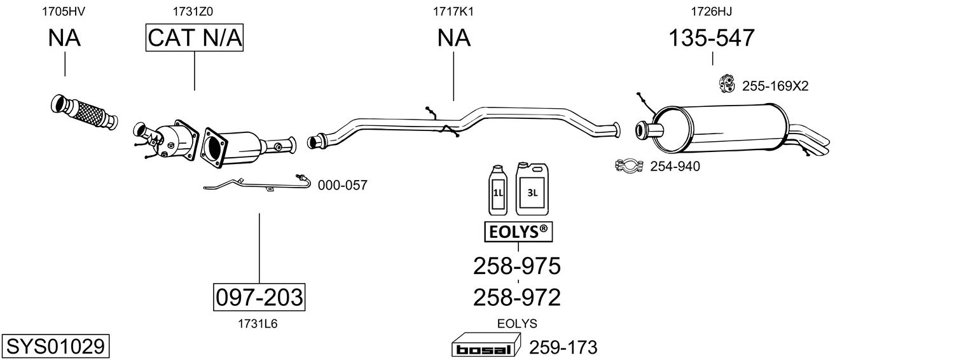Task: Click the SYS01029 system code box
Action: pyautogui.click(x=55, y=347)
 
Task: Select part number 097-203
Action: pyautogui.click(x=258, y=297)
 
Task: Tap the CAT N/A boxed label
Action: pyautogui.click(x=195, y=38)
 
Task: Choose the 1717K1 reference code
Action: pyautogui.click(x=453, y=11)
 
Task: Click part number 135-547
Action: pyautogui.click(x=711, y=38)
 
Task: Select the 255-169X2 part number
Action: pyautogui.click(x=775, y=86)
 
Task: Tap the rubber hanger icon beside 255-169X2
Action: pyautogui.click(x=726, y=83)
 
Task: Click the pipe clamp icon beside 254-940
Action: pyautogui.click(x=630, y=166)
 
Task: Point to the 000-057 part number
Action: pyautogui.click(x=342, y=185)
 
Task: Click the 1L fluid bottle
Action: pyautogui.click(x=497, y=190)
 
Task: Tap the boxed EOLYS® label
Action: pyautogui.click(x=518, y=233)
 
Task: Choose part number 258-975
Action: pyautogui.click(x=516, y=266)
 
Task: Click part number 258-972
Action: pyautogui.click(x=516, y=297)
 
